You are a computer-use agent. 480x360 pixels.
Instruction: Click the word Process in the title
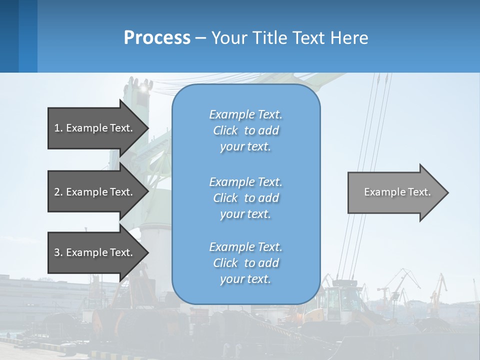157,38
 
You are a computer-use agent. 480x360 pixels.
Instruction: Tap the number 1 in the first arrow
56,128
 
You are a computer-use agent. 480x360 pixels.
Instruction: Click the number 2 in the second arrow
57,192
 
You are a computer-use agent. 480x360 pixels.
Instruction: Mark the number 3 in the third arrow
57,252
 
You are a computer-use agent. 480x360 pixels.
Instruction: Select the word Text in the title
307,38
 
